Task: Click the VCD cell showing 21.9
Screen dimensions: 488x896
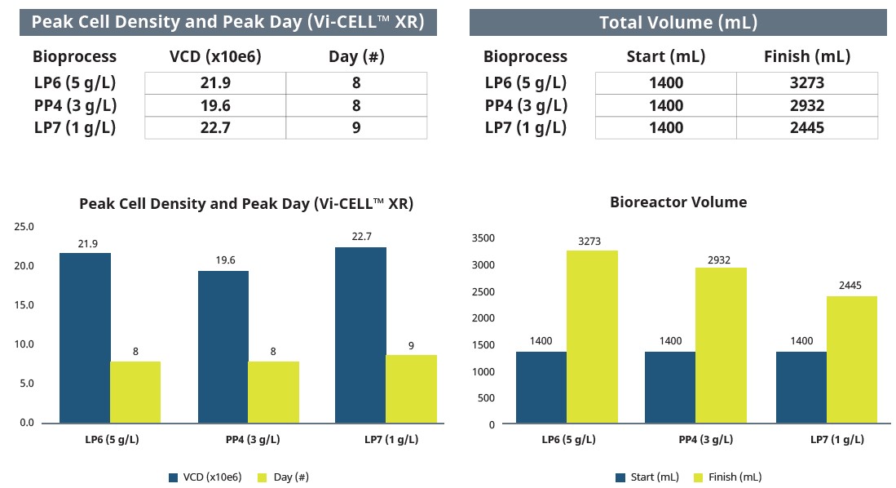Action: pos(215,82)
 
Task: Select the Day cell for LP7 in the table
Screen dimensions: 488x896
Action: pos(356,128)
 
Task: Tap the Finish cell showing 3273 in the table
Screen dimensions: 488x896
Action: pos(806,82)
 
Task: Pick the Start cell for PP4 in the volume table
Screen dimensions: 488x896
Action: pos(665,105)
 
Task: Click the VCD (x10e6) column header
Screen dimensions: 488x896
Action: pos(215,56)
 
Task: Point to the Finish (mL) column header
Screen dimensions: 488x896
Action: pos(806,56)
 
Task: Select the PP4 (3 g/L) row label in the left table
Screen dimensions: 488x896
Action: pos(74,105)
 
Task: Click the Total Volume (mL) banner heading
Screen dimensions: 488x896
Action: pos(678,22)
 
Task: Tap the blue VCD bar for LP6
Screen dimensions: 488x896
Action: pos(85,338)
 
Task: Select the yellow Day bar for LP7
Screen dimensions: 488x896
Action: pos(411,388)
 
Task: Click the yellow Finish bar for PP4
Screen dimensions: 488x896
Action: pos(721,346)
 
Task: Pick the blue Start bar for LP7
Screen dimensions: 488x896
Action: pos(801,388)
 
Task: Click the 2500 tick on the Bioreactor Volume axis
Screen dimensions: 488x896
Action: pos(483,292)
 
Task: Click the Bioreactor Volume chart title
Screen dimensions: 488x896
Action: pos(678,202)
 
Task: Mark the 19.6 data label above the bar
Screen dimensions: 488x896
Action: pos(223,260)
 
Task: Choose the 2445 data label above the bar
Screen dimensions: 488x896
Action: pos(852,286)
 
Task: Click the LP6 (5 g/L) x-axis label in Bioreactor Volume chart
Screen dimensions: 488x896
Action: pos(568,440)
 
